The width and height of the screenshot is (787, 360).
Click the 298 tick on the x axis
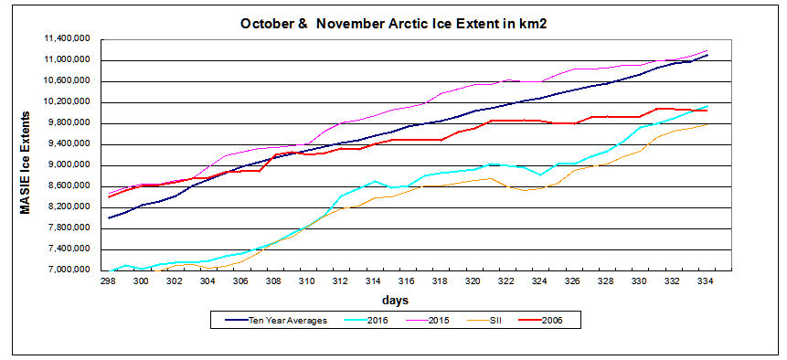(108, 281)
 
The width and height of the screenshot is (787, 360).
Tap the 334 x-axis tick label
(707, 281)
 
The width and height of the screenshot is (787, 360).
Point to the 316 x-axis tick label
(408, 281)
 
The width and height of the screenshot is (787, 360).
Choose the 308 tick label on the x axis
(274, 281)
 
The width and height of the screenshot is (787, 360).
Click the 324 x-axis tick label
(540, 281)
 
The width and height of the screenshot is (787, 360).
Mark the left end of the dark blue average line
(109, 217)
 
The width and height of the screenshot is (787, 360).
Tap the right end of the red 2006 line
(707, 111)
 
